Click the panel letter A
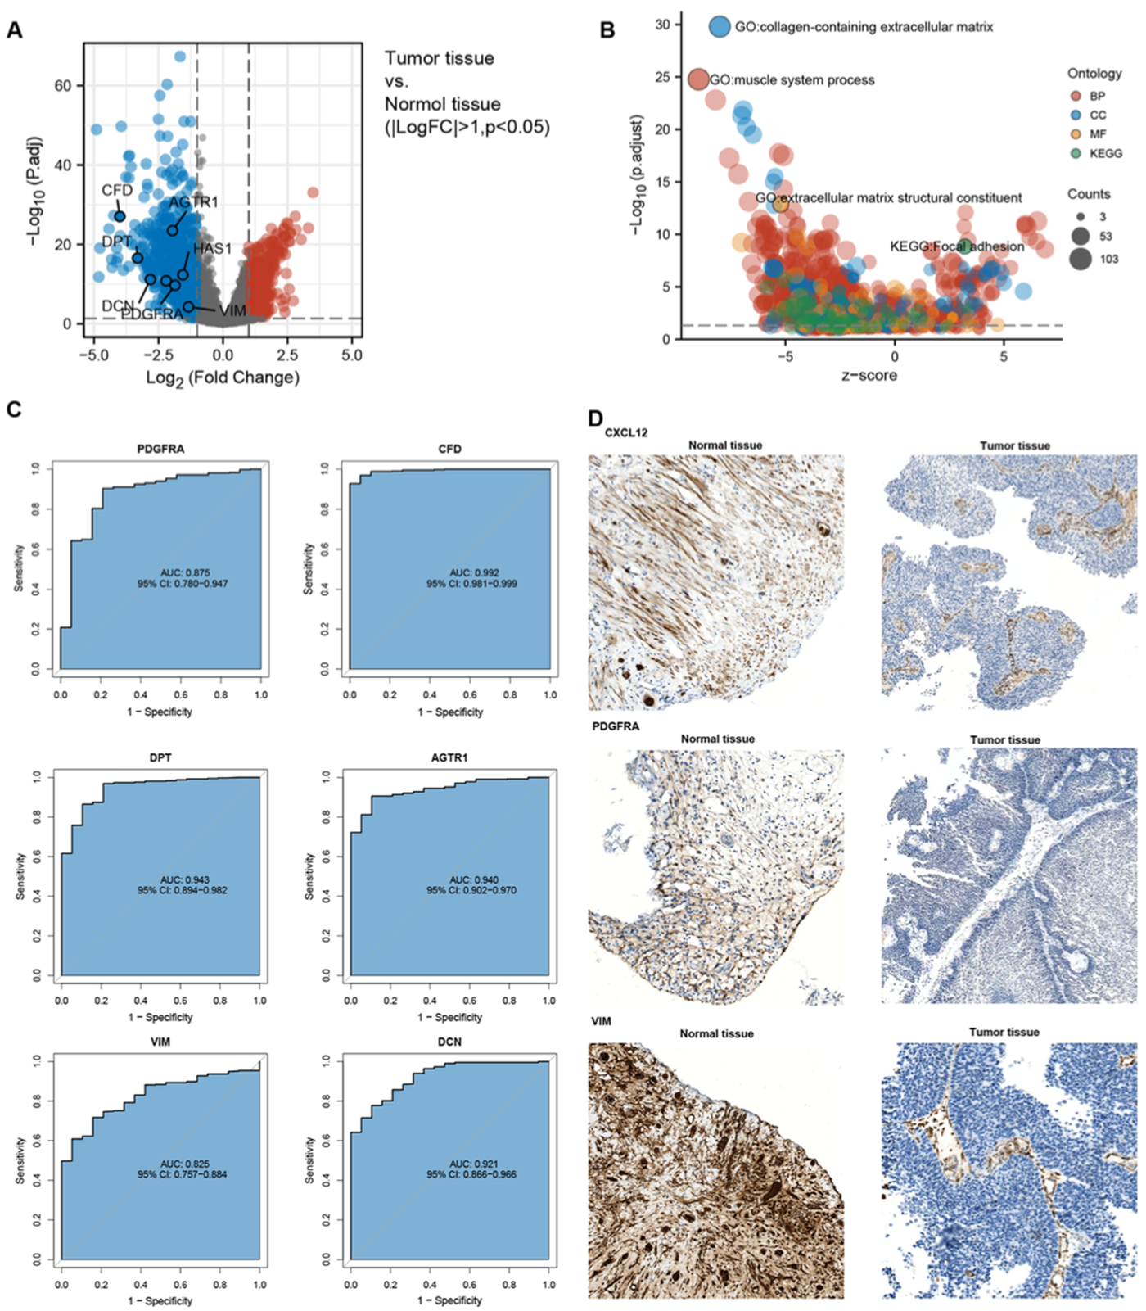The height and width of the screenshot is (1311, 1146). [14, 30]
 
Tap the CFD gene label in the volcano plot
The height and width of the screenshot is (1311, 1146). [117, 190]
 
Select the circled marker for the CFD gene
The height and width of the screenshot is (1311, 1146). [120, 217]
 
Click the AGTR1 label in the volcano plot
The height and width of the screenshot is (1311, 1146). [193, 202]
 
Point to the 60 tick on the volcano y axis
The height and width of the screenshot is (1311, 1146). [63, 86]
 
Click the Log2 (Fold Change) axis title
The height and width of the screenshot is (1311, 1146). [223, 377]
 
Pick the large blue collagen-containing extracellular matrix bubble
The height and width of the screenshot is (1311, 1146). [720, 26]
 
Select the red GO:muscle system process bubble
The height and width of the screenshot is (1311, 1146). [698, 79]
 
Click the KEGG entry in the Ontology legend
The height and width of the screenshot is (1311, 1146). [1105, 153]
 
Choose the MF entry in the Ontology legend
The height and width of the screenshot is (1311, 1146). [1098, 133]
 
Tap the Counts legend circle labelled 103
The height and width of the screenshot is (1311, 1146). [1081, 260]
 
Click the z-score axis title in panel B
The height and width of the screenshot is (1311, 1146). [869, 376]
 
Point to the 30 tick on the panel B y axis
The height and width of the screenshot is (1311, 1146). [662, 25]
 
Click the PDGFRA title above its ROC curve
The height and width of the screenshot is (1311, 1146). [160, 449]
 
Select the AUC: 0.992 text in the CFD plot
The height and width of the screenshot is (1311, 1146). [474, 572]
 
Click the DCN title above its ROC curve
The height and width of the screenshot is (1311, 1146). [449, 1042]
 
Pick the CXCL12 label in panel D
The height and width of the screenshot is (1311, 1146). [626, 432]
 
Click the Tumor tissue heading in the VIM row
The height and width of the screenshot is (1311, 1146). [1004, 1032]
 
